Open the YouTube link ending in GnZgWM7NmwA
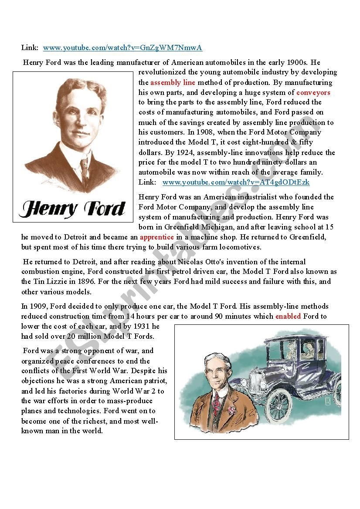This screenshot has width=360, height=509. tap(123, 48)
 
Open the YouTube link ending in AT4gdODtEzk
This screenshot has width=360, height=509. tap(236, 182)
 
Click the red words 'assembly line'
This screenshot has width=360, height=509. tap(173, 82)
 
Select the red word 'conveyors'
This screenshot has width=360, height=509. tap(313, 92)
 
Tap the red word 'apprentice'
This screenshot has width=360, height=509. tap(157, 237)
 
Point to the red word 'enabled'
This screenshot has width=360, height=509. tap(288, 316)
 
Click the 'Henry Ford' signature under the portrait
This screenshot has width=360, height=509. tap(72, 209)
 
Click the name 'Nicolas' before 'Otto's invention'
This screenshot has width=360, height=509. tap(191, 262)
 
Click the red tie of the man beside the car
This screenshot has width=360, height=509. tap(217, 402)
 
